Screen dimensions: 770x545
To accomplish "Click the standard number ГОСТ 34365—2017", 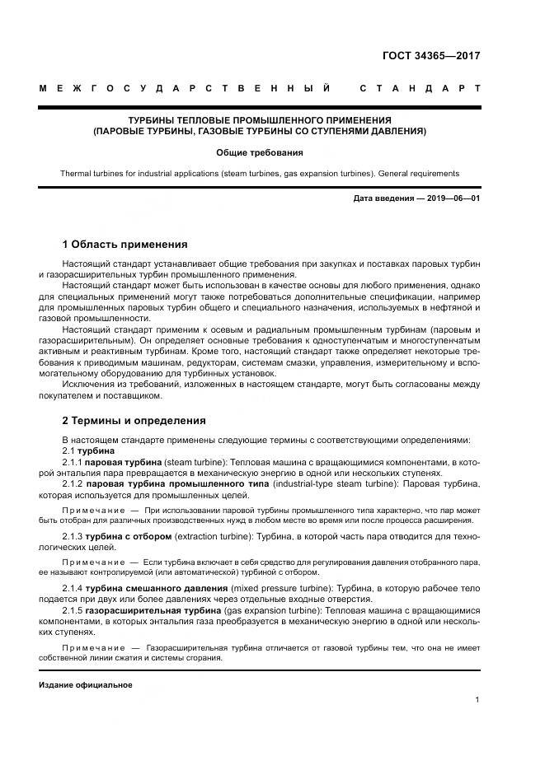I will [431, 56].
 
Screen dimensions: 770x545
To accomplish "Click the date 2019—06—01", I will [451, 198].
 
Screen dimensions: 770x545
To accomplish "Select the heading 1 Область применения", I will [125, 245].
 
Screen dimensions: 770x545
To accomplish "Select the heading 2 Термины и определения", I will [134, 420].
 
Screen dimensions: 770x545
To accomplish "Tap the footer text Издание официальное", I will [85, 685].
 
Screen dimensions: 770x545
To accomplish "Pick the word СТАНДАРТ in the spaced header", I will [420, 88].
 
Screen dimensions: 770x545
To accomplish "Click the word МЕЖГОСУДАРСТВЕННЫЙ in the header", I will [185, 88].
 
